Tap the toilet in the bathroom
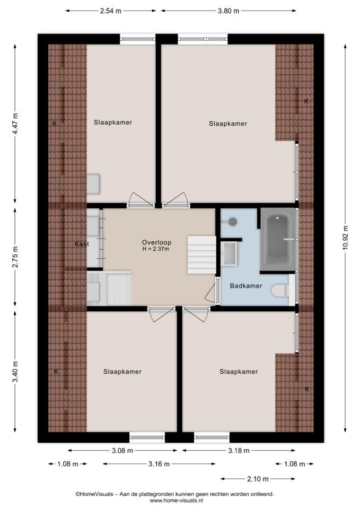[280, 290]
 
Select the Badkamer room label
[245, 286]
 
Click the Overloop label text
[156, 242]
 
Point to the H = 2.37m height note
[155, 249]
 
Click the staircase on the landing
[201, 255]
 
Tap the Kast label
[82, 244]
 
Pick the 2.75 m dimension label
[15, 257]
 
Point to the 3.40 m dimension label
[15, 372]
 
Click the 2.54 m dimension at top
[110, 11]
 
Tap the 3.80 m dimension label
[228, 11]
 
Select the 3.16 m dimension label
[159, 464]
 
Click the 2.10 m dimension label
[258, 479]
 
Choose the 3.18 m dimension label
[239, 450]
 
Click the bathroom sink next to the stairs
[230, 253]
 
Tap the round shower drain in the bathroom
[232, 222]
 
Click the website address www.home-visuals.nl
[176, 501]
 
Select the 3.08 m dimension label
[122, 450]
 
